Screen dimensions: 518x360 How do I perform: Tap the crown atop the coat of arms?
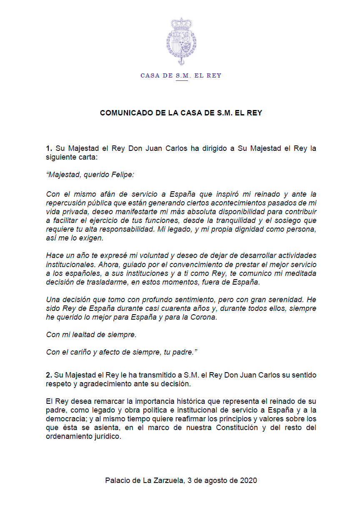(x=180, y=23)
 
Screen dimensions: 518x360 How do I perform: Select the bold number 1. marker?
(x=49, y=149)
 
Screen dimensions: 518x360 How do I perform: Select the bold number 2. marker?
(x=49, y=375)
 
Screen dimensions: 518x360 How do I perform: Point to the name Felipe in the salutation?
(x=123, y=175)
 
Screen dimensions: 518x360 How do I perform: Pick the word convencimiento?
(x=154, y=265)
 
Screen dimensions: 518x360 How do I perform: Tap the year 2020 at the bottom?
(x=249, y=480)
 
